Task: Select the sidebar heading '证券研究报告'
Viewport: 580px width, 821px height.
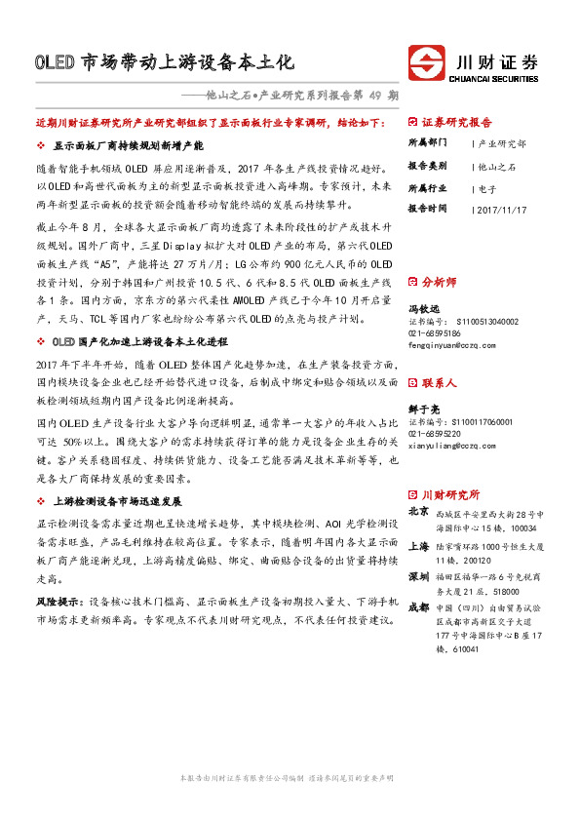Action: (457, 124)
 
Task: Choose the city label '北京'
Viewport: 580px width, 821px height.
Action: (417, 510)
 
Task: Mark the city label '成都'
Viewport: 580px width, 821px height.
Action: (417, 607)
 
